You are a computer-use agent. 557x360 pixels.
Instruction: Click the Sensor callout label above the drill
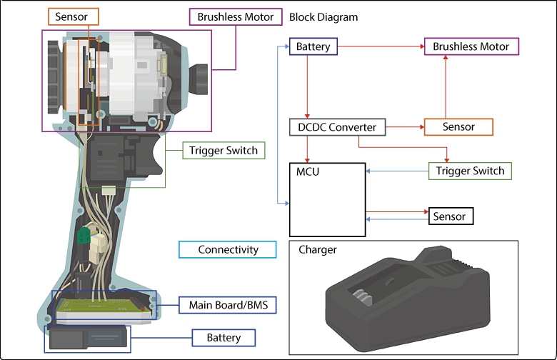coord(73,16)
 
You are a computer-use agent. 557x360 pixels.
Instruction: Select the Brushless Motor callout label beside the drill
coord(236,16)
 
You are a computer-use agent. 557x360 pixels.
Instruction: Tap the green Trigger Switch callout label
coord(224,151)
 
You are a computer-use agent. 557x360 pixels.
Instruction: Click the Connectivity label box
coord(228,249)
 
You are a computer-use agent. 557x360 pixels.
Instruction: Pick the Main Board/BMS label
coord(227,305)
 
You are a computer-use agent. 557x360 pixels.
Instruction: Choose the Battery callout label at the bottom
coord(224,337)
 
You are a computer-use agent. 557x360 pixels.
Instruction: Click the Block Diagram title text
coord(324,16)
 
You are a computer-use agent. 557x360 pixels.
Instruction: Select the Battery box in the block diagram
coord(313,47)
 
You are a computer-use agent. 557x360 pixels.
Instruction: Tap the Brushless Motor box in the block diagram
coord(471,47)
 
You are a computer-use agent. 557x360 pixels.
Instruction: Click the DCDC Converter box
coord(338,127)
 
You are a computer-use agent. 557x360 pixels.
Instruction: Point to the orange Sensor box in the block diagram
coord(458,127)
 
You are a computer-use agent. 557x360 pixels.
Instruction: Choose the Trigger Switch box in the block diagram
coord(470,171)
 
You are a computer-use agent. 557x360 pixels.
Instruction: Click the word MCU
coord(308,172)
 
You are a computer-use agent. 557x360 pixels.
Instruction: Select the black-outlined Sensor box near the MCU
coord(450,216)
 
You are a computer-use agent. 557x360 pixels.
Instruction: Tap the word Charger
coord(318,250)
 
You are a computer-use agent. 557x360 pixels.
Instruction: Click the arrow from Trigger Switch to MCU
coord(396,171)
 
